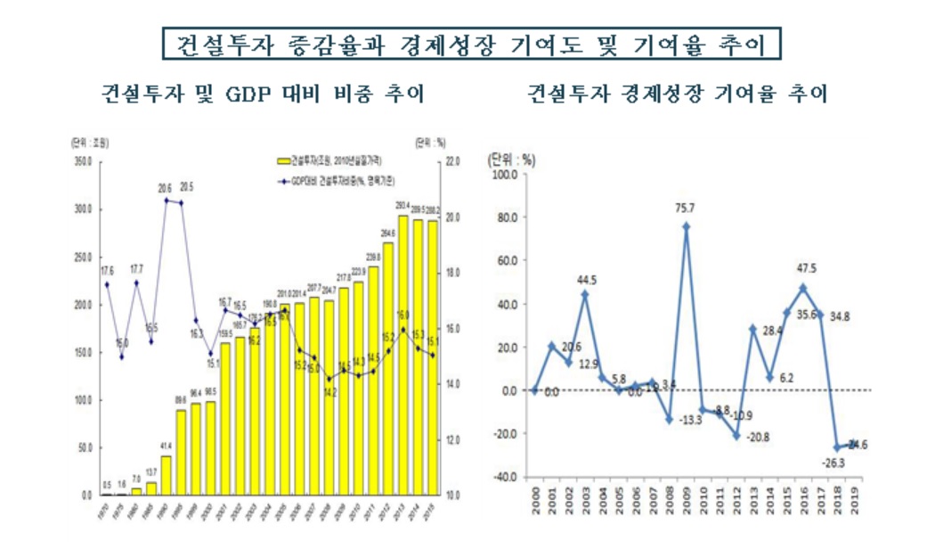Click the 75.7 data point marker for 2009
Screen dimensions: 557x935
click(686, 226)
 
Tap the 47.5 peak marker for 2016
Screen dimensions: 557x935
click(803, 288)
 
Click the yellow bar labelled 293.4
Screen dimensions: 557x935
click(403, 356)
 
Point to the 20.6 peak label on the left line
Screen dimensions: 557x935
click(166, 188)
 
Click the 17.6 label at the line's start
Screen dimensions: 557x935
click(107, 270)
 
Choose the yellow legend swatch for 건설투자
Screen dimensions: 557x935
click(285, 161)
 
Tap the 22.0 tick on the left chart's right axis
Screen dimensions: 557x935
click(451, 161)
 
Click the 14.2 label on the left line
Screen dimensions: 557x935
click(329, 390)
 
